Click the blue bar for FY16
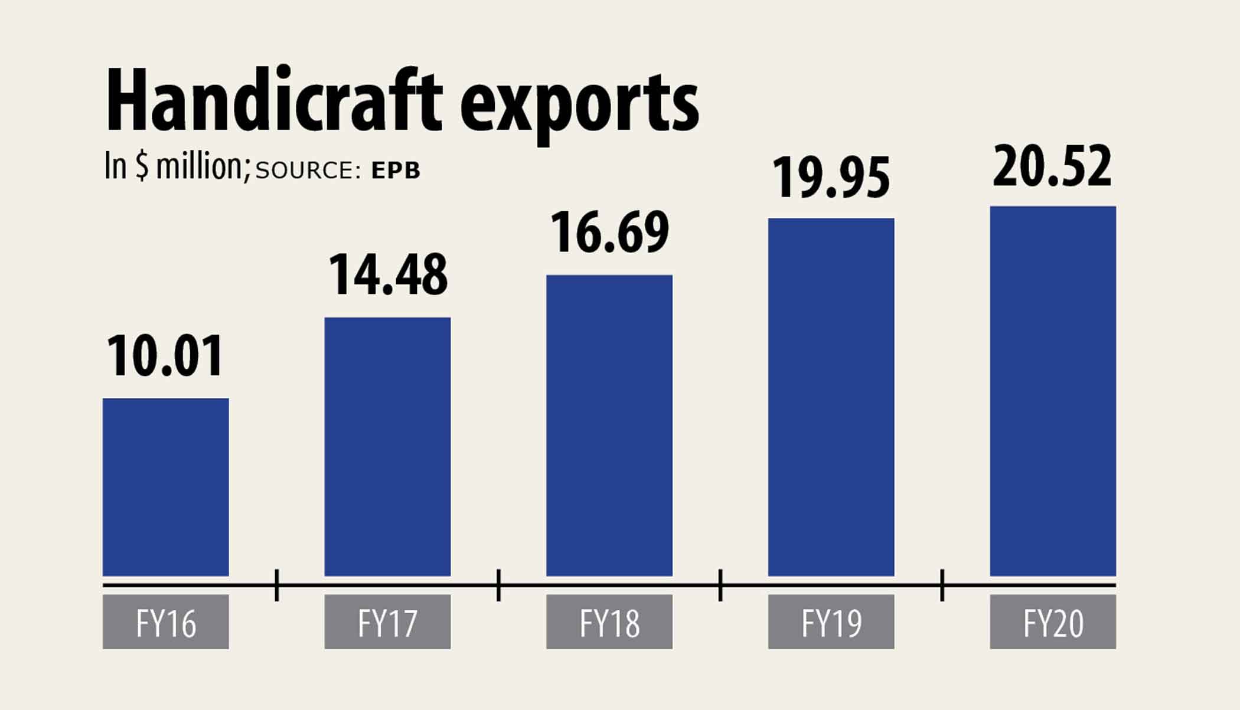(165, 487)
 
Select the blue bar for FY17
(387, 446)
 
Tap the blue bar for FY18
(609, 425)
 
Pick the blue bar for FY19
(831, 397)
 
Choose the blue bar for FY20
(1053, 391)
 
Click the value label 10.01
(165, 356)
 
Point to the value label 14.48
(387, 274)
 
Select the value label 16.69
(609, 233)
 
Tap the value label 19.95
(831, 178)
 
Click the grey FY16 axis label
(165, 622)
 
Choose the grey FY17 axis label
(387, 622)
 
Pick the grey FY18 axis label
(609, 622)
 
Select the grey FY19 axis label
(831, 622)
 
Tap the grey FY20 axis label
(1053, 622)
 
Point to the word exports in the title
(579, 106)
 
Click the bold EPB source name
(396, 171)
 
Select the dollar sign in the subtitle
(142, 166)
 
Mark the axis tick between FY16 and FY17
(277, 585)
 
